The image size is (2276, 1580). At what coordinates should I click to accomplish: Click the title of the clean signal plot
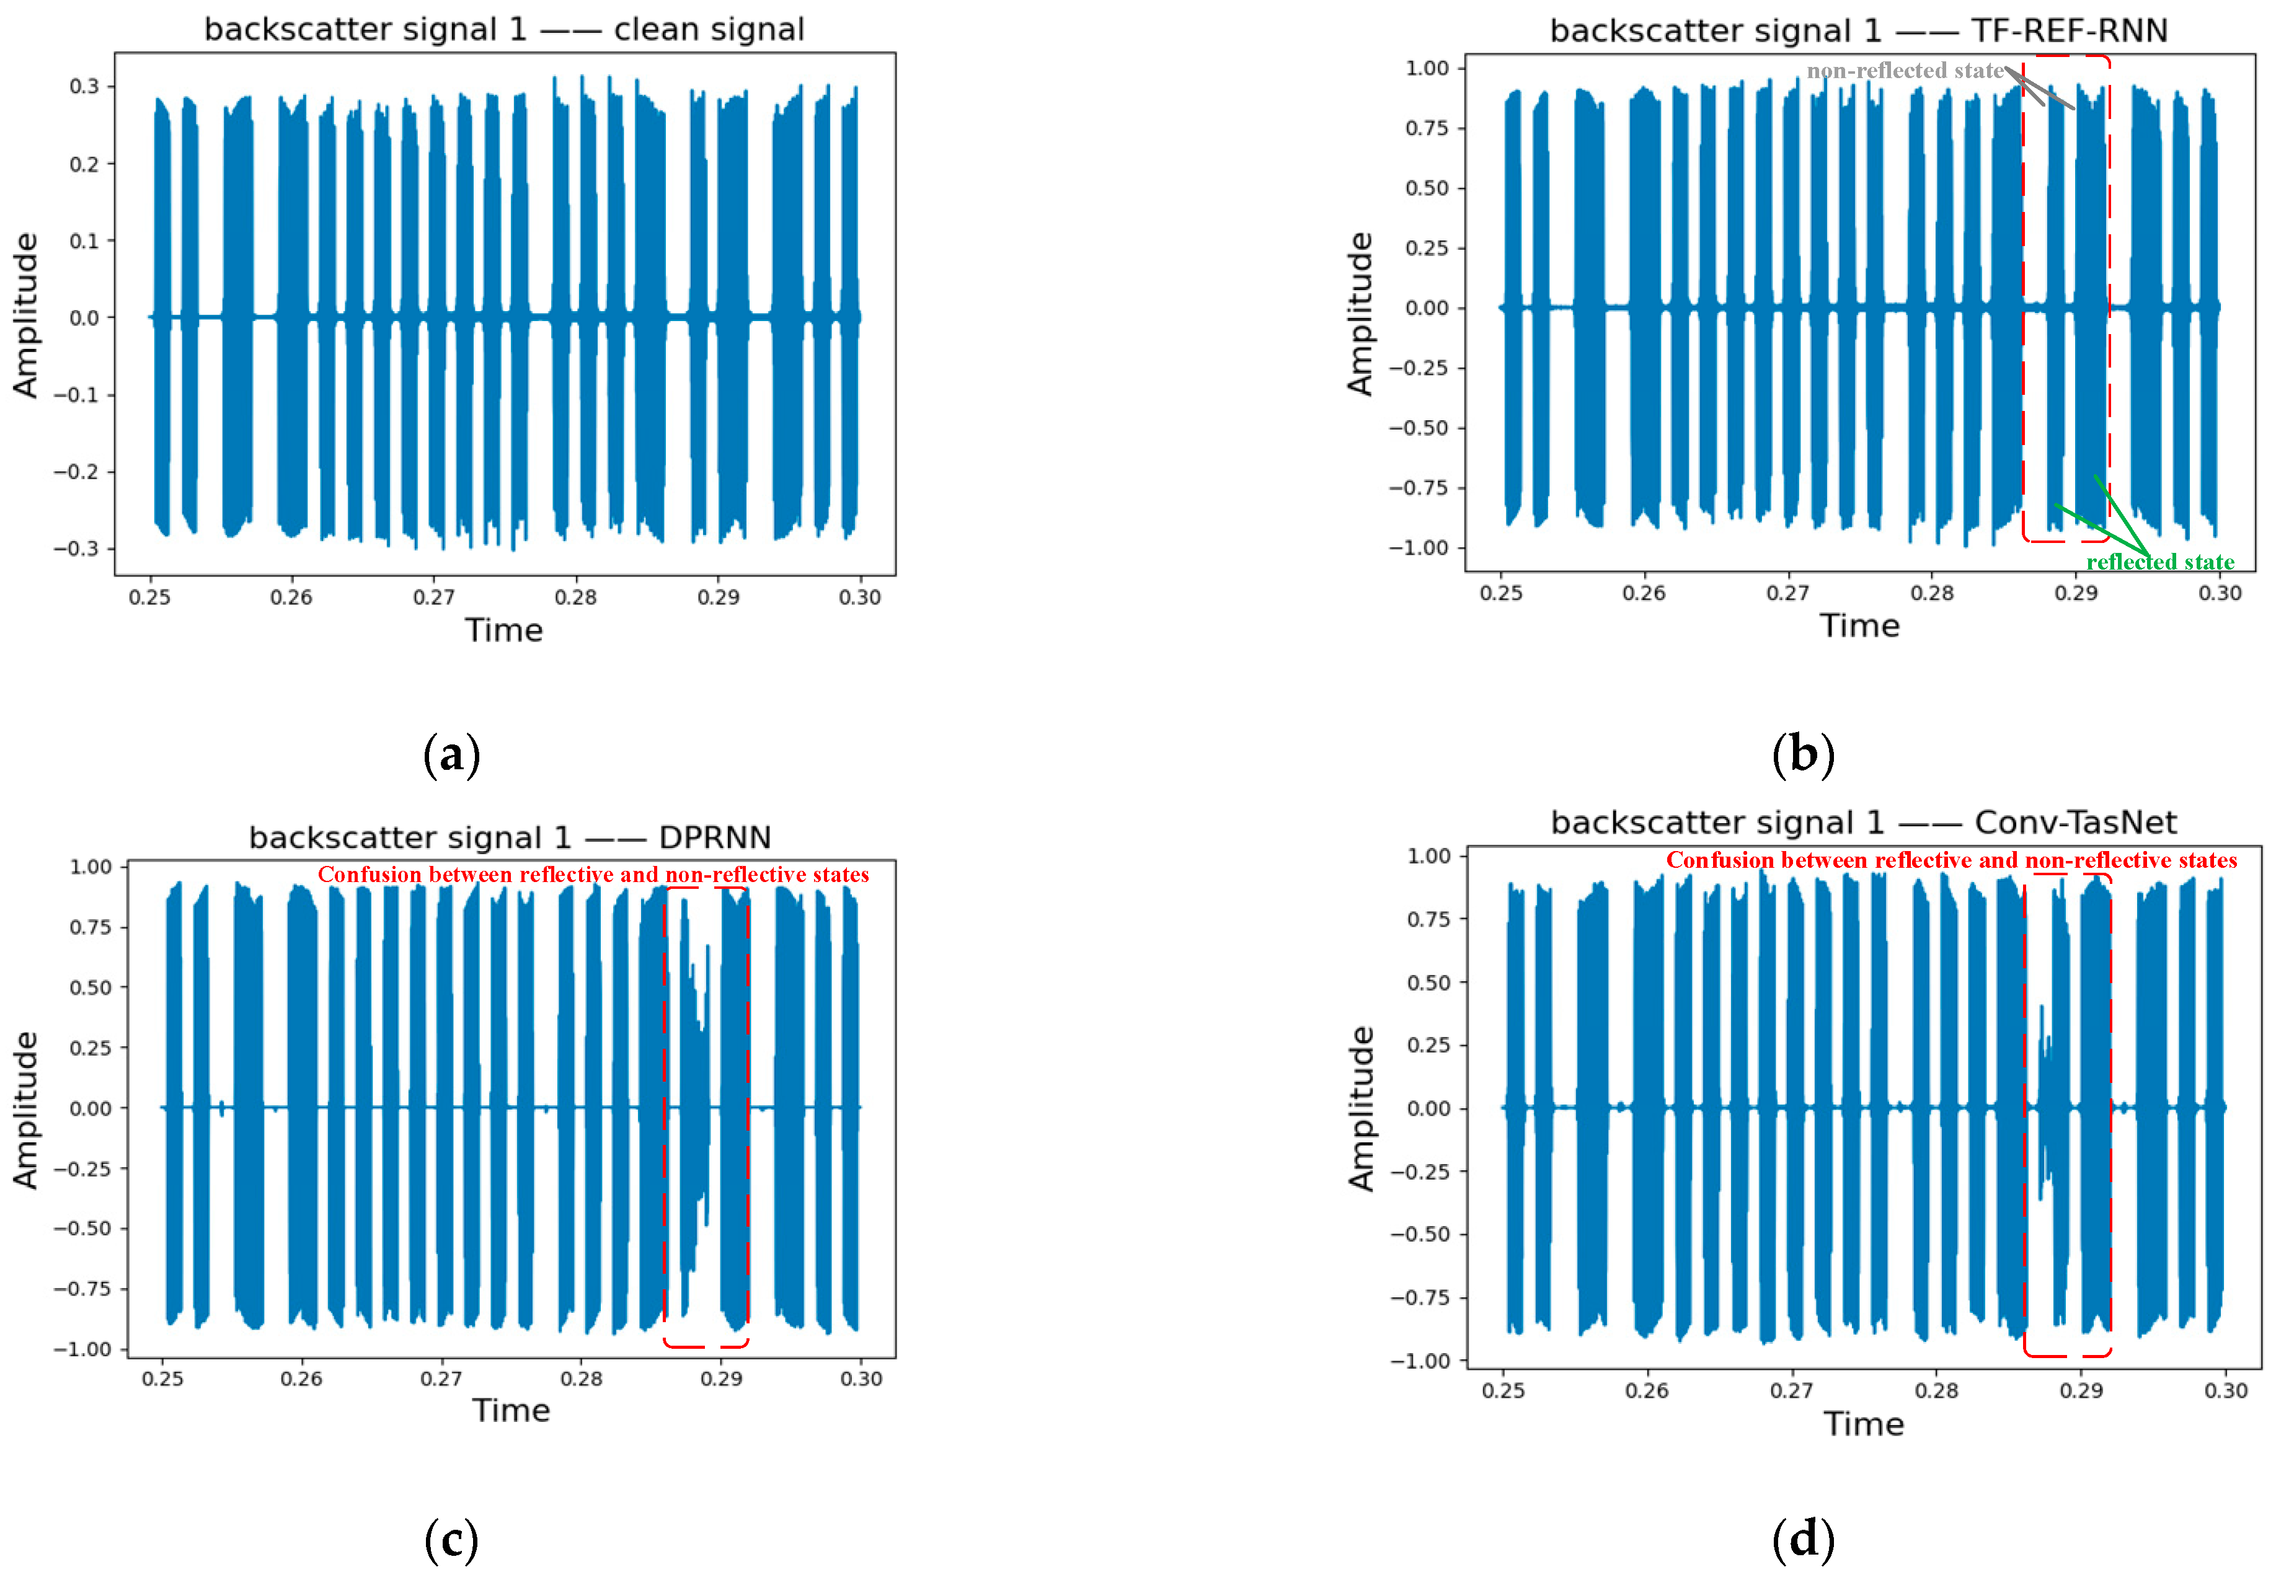tap(504, 30)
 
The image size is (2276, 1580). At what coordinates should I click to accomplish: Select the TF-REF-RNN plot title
tap(1858, 32)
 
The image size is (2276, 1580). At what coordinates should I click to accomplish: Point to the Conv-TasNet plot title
tap(1863, 823)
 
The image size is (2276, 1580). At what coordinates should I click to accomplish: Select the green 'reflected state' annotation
tap(2159, 562)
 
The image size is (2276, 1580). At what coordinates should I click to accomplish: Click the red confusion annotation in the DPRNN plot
tap(593, 875)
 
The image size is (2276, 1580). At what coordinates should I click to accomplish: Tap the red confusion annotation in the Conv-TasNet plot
tap(1951, 860)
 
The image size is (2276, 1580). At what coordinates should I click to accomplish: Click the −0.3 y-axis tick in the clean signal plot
tap(77, 549)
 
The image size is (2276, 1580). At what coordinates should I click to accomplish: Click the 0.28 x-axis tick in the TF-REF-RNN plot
tap(1931, 593)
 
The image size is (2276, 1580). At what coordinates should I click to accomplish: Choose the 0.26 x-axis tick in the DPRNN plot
tap(301, 1379)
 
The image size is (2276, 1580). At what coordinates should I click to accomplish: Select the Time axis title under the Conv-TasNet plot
tap(1863, 1424)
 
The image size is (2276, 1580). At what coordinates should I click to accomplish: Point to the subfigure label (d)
tap(1803, 1540)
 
